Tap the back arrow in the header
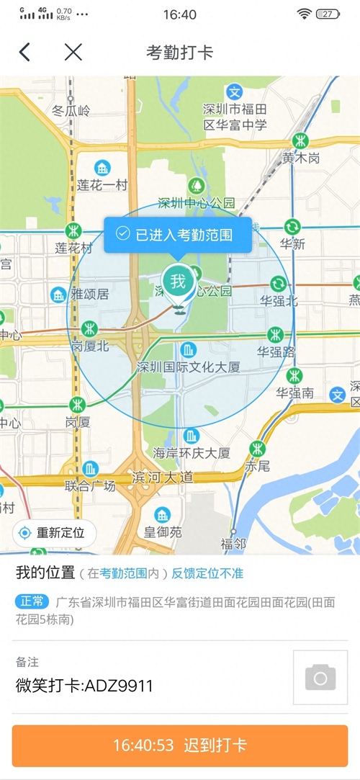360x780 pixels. pos(25,52)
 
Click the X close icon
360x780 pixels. pos(73,52)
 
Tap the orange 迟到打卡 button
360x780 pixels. pos(180,745)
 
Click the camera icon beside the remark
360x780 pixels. pos(320,678)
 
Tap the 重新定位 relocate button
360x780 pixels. pos(54,533)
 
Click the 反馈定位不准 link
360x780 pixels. pos(207,573)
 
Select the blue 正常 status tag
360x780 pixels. pos(32,601)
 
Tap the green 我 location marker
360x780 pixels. pos(177,280)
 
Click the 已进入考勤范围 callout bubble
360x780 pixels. pos(178,233)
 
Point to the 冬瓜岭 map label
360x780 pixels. pos(71,111)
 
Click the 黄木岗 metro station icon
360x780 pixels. pos(300,140)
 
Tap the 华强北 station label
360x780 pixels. pos(279,300)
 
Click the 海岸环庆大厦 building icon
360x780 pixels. pos(191,436)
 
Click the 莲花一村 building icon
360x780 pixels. pos(102,169)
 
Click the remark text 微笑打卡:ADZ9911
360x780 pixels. pos(84,686)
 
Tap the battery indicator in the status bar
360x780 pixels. pos(328,14)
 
